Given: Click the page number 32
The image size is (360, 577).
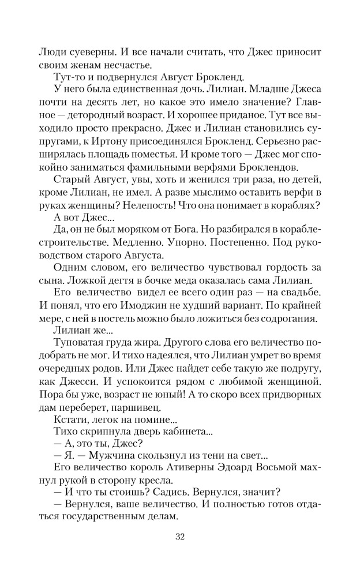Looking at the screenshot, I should (179, 538).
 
